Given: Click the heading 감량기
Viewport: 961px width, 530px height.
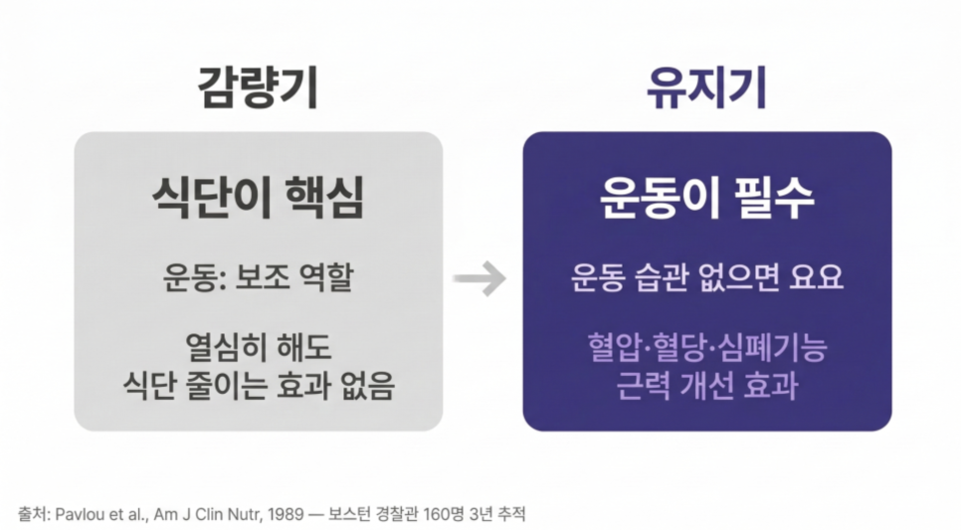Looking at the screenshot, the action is pyautogui.click(x=258, y=88).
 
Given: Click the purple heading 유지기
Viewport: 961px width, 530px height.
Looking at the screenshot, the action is pyautogui.click(x=706, y=88).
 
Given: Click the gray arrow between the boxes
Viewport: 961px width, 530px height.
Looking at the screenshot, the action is pyautogui.click(x=480, y=278).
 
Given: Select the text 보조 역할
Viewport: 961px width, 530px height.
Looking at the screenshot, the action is pyautogui.click(x=294, y=277).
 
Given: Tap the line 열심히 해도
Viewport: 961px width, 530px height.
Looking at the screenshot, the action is pyautogui.click(x=258, y=347).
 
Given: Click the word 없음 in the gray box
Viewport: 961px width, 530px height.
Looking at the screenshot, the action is pyautogui.click(x=366, y=386).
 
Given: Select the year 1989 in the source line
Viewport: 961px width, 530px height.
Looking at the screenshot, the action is pyautogui.click(x=287, y=514).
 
